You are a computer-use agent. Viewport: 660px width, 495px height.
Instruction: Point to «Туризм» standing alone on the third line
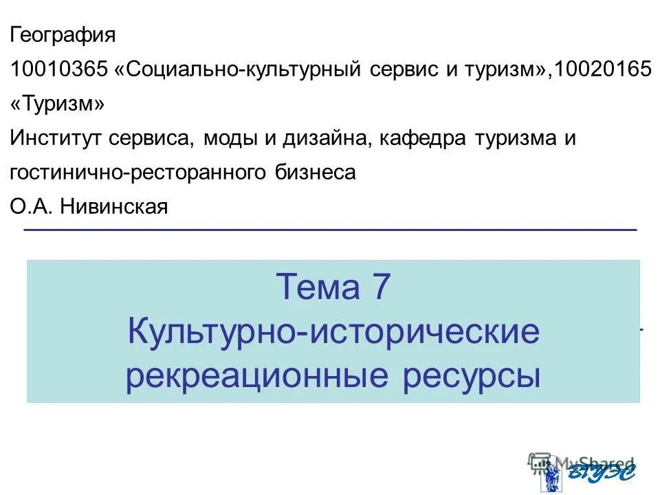pyautogui.click(x=58, y=104)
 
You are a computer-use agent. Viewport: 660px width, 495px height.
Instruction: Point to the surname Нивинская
pyautogui.click(x=114, y=207)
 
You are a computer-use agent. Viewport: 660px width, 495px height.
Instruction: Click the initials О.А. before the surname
pyautogui.click(x=32, y=207)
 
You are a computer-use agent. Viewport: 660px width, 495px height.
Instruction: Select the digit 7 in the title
pyautogui.click(x=382, y=287)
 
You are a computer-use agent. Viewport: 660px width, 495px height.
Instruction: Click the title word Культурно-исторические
pyautogui.click(x=333, y=332)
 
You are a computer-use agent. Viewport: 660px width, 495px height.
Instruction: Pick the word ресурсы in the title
pyautogui.click(x=467, y=377)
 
